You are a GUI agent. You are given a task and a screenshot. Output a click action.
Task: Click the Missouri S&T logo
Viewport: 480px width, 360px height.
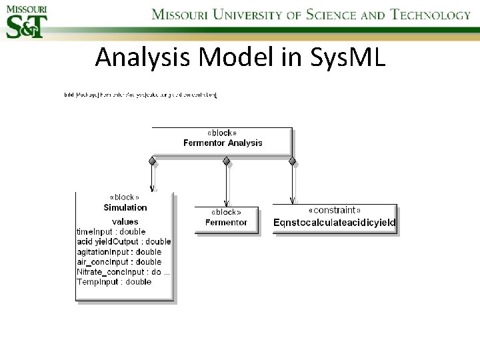pyautogui.click(x=27, y=21)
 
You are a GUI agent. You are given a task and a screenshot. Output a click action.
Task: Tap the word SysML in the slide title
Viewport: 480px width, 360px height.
pyautogui.click(x=348, y=58)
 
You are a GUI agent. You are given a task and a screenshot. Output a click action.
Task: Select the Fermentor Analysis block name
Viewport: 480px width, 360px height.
pyautogui.click(x=223, y=143)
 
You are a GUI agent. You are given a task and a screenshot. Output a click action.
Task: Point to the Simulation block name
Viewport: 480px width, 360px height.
pyautogui.click(x=125, y=208)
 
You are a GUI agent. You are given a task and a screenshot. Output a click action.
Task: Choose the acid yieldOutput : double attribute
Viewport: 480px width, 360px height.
pyautogui.click(x=123, y=241)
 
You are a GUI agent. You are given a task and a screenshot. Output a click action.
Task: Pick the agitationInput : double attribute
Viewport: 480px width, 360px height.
pyautogui.click(x=119, y=252)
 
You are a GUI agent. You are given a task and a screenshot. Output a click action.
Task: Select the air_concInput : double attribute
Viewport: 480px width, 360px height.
pyautogui.click(x=119, y=262)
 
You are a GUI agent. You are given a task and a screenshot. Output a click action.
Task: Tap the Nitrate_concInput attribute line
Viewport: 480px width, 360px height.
pyautogui.click(x=123, y=272)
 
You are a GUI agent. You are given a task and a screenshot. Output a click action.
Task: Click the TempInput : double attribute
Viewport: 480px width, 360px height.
pyautogui.click(x=113, y=282)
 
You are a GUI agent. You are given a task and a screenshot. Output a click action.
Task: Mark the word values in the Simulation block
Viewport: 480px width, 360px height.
pyautogui.click(x=125, y=221)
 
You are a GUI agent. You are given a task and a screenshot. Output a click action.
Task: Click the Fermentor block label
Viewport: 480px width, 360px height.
pyautogui.click(x=226, y=222)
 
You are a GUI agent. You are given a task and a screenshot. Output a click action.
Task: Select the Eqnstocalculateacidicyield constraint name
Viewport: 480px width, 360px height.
pyautogui.click(x=335, y=222)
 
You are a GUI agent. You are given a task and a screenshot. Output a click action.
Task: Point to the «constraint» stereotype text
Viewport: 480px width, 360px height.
pyautogui.click(x=335, y=211)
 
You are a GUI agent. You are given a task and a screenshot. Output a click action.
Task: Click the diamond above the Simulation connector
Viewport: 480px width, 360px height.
pyautogui.click(x=152, y=161)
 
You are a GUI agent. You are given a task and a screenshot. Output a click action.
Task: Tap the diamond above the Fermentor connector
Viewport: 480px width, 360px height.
pyautogui.click(x=226, y=161)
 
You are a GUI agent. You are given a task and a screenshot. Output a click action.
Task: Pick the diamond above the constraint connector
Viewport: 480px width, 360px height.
pyautogui.click(x=292, y=161)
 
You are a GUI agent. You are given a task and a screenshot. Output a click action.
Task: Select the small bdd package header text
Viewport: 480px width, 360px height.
pyautogui.click(x=140, y=95)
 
